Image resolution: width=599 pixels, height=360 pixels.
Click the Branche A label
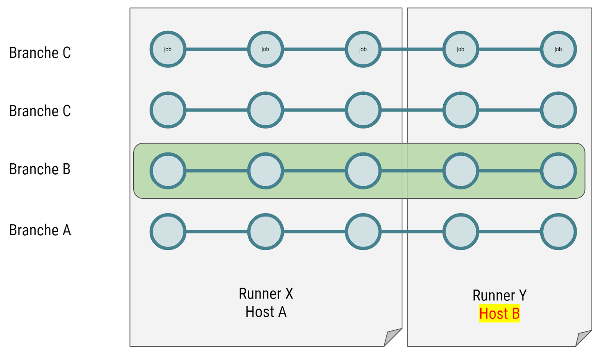coord(40,230)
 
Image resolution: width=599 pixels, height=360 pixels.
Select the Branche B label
coord(40,169)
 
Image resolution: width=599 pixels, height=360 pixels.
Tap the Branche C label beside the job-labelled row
coord(40,53)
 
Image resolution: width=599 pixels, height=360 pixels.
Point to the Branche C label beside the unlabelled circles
coord(40,111)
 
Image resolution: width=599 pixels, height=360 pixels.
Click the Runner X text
coord(266,294)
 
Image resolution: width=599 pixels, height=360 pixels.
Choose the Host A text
coord(266,312)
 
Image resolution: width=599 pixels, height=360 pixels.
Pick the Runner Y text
coord(499,295)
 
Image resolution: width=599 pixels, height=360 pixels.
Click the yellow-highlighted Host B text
coord(499,314)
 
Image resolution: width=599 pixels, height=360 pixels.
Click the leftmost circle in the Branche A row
coord(168,232)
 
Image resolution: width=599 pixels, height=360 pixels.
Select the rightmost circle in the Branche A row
coord(558,232)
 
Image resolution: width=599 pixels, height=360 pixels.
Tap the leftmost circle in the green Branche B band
coord(168,171)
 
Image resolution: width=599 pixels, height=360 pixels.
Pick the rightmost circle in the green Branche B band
coord(558,171)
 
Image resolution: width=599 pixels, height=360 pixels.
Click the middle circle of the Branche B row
coord(363,171)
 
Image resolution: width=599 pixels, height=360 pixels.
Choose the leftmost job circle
coord(168,49)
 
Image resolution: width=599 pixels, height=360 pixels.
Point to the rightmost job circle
coord(558,49)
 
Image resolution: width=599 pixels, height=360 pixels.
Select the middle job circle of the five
coord(363,49)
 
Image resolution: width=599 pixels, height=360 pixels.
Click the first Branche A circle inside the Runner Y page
coord(461,232)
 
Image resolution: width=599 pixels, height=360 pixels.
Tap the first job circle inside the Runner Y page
coord(461,49)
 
